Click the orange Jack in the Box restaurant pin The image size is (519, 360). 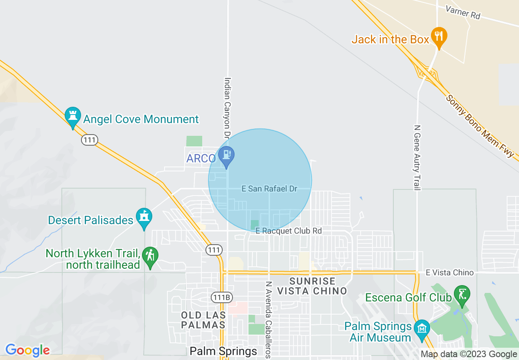pos(439,37)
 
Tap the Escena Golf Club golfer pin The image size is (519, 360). pos(462,295)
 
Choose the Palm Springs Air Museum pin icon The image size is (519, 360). pos(422,329)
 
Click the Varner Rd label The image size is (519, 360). pos(463,12)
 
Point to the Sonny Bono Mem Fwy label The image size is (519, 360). pos(479,126)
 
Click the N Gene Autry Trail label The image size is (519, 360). pos(417,158)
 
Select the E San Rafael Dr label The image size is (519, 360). pos(269,189)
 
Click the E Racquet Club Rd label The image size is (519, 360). pos(289,231)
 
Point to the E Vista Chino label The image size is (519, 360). pos(449,272)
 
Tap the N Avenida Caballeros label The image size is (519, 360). pos(269,319)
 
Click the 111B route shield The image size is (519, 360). pos(221,297)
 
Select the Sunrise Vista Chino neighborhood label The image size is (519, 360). pos(312,286)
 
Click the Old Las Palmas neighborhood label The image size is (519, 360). pos(203,320)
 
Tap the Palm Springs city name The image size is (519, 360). pos(223,351)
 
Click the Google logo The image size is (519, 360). pos(27,350)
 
